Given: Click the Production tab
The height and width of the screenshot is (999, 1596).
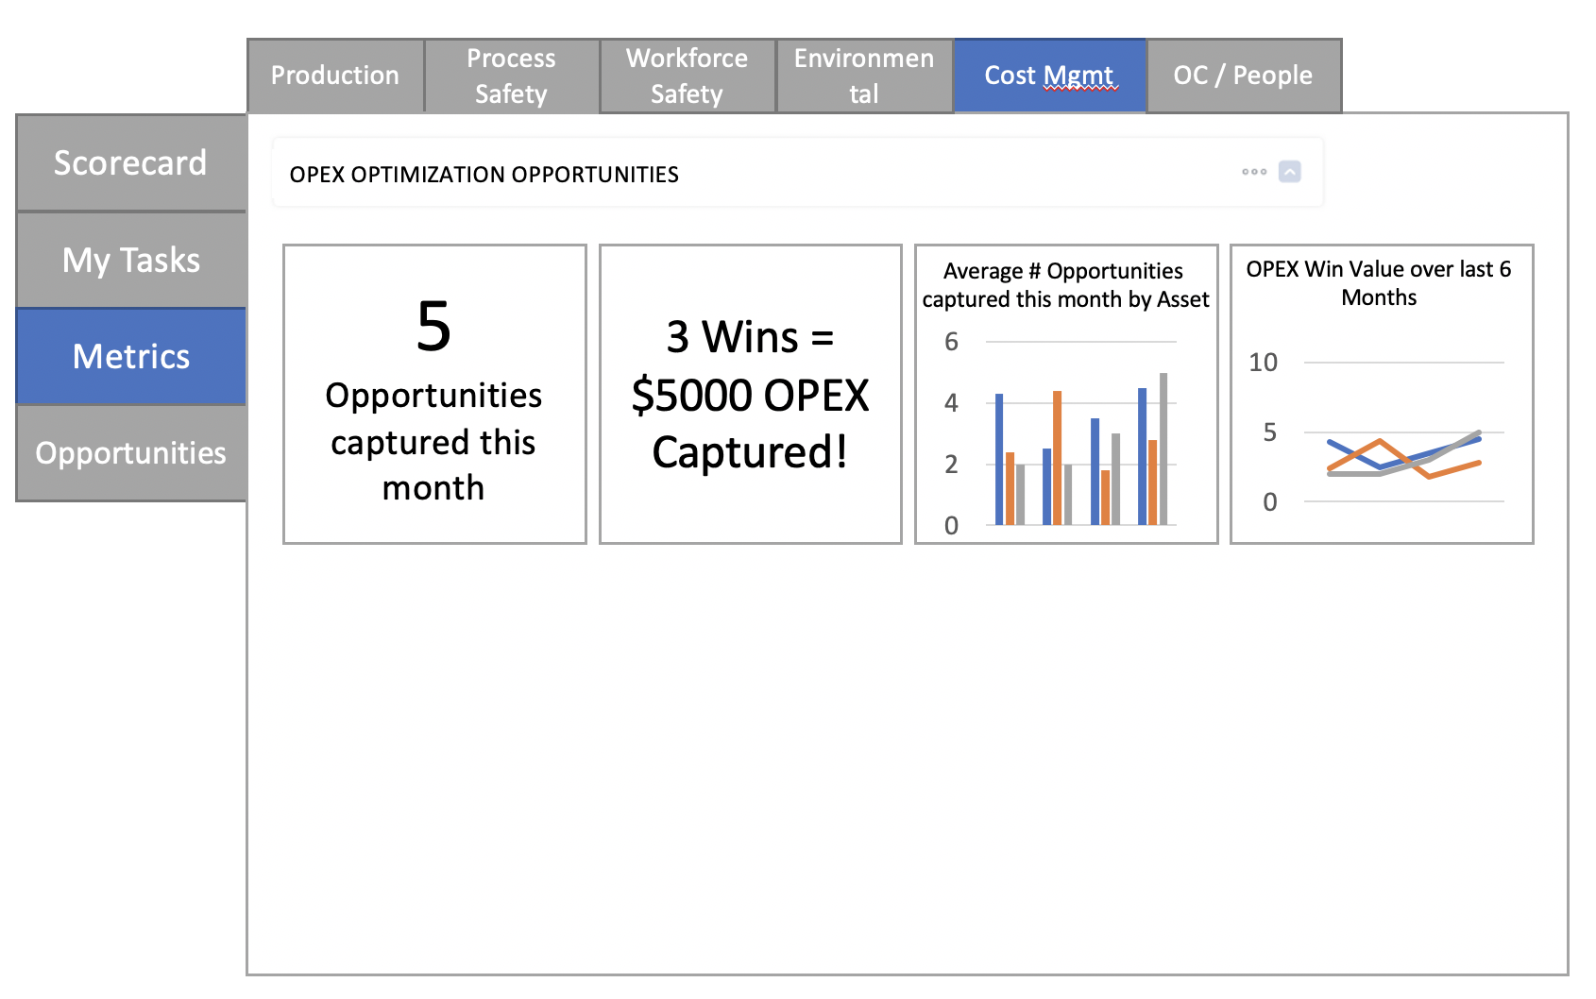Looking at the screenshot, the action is [335, 76].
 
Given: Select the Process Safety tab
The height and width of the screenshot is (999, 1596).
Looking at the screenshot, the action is [512, 76].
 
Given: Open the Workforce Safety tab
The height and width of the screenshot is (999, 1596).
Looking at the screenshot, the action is [688, 76].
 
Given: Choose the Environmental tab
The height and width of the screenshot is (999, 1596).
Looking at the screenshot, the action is [864, 76].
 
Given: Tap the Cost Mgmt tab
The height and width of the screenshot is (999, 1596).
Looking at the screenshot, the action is [1050, 76].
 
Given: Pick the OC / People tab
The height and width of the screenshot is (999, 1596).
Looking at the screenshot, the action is [1244, 76].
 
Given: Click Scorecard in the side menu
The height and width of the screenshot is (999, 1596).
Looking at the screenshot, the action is [131, 162].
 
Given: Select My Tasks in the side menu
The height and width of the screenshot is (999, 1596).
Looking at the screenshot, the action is [131, 260].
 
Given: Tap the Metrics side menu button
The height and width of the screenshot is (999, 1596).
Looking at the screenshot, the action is [131, 356].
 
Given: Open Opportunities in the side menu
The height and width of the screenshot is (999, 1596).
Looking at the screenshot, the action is [131, 453].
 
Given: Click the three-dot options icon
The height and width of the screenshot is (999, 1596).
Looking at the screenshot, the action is [1254, 172].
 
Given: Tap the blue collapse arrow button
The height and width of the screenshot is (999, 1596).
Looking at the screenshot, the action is [1290, 172].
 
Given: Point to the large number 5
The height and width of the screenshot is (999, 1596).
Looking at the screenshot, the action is [433, 327].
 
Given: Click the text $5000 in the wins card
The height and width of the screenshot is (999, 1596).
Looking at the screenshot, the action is [690, 396].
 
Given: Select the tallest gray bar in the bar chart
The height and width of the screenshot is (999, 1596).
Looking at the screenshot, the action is [1163, 449].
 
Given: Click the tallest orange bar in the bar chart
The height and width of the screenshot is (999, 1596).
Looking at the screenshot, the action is [1058, 457].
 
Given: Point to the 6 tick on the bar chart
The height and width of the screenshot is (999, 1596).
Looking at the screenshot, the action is [951, 342].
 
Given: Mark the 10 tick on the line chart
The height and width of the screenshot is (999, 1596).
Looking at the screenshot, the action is [1264, 362].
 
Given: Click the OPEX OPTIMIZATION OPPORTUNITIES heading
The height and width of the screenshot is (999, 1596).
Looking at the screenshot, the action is [484, 175].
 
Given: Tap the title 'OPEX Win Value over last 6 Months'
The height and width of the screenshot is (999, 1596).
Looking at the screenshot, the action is [1379, 283].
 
